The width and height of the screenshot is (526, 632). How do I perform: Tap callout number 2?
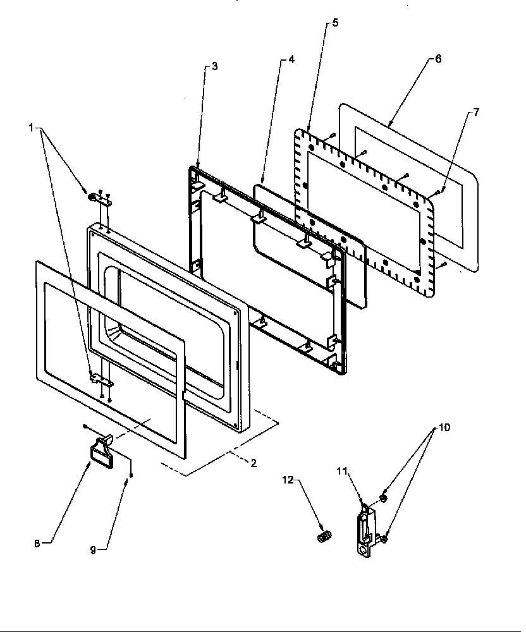click(x=253, y=463)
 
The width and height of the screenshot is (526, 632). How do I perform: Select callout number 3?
click(x=214, y=66)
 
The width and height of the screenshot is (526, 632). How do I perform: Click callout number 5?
click(x=335, y=23)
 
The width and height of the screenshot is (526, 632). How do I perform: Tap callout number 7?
click(x=475, y=112)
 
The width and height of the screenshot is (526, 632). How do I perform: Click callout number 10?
click(x=444, y=428)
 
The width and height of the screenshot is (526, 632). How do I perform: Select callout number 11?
click(x=342, y=471)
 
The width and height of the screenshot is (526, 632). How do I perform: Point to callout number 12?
click(x=288, y=480)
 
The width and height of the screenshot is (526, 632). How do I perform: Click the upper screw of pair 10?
click(x=383, y=499)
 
